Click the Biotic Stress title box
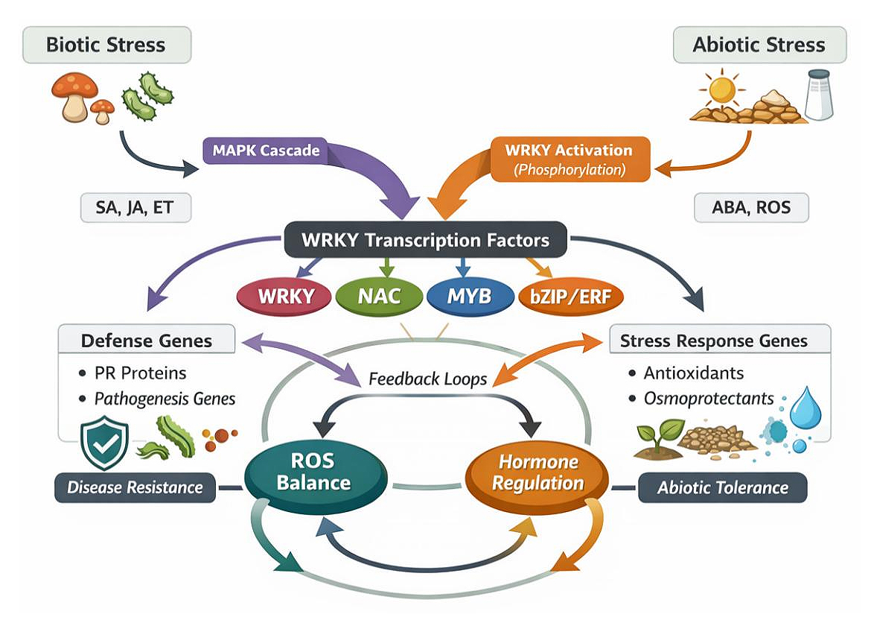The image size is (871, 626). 107,44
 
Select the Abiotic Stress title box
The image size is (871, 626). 759,45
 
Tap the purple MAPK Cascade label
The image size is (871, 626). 266,151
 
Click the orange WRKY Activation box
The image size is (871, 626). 570,159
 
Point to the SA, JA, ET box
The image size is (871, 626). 135,209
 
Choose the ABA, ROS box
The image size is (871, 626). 750,209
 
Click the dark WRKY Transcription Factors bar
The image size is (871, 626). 425,241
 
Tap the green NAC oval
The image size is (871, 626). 378,296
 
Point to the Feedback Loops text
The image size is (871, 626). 427,379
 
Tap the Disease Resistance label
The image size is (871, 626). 135,488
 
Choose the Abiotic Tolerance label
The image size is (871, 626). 722,488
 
